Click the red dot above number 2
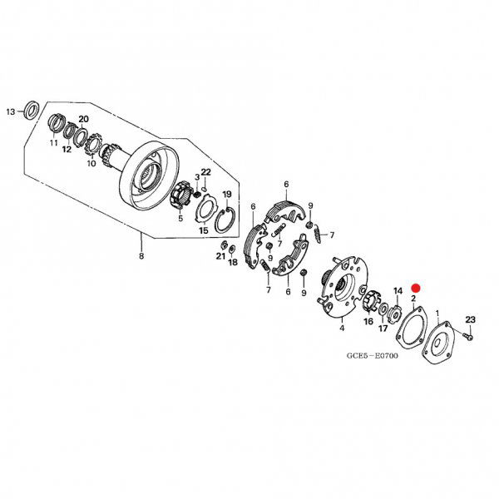click(416, 289)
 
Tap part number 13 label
click(11, 112)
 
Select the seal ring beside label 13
click(32, 110)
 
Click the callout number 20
click(83, 119)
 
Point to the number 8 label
click(141, 256)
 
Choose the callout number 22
click(206, 172)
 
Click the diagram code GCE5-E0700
click(372, 355)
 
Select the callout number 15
click(204, 230)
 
